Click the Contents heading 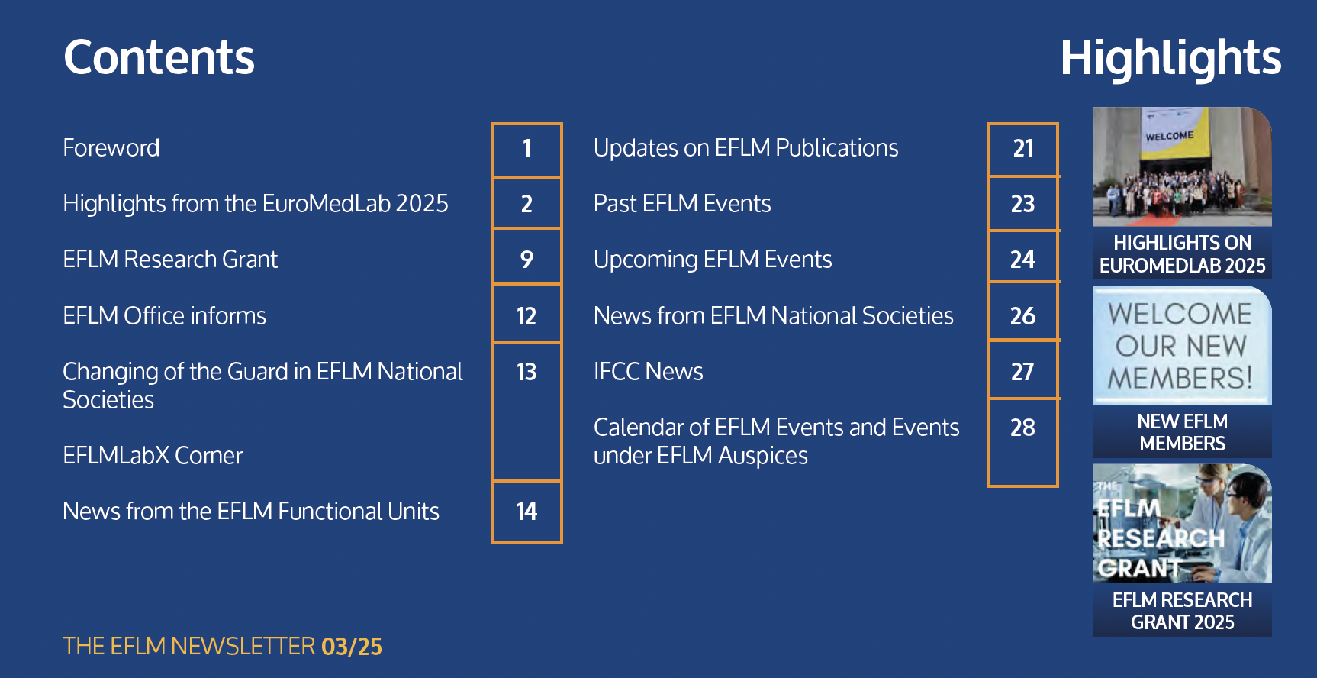coord(159,57)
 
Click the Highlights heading coord(1170,59)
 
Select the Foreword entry coord(111,147)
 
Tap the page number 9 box coord(526,259)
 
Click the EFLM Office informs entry coord(165,315)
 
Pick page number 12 coord(526,316)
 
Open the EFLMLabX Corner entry coord(153,455)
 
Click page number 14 coord(526,512)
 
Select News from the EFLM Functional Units coord(251,511)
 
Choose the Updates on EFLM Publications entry coord(746,147)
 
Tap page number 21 coord(1023,148)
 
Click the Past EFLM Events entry coord(682,203)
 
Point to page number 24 coord(1022,260)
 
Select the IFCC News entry coord(649,371)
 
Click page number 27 coord(1022,372)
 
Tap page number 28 coord(1022,428)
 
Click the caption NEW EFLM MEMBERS coord(1183,432)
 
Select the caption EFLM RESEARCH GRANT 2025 coord(1183,611)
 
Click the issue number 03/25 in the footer coord(352,647)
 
